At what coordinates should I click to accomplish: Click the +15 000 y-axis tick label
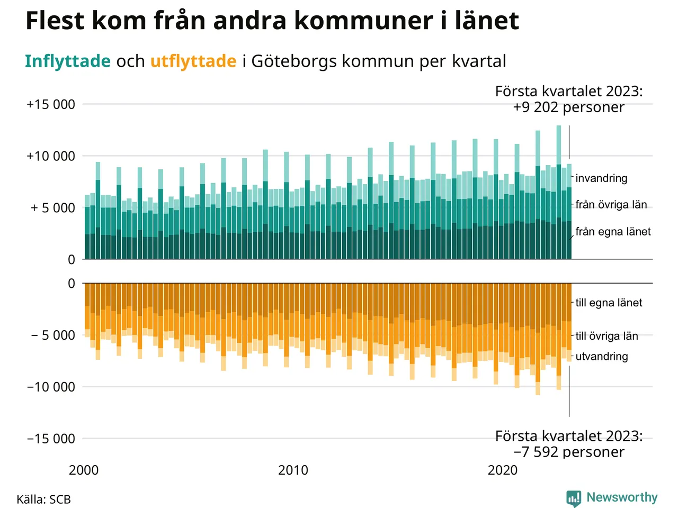click(51, 104)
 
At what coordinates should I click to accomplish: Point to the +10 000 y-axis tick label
click(51, 156)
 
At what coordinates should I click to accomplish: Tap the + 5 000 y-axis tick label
click(52, 208)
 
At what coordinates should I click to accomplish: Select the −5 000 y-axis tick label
click(52, 335)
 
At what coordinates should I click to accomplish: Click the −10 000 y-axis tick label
click(51, 387)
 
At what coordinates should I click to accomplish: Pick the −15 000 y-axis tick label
click(51, 439)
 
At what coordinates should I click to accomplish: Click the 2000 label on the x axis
click(84, 470)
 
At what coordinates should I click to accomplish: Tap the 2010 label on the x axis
click(293, 470)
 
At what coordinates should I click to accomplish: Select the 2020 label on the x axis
click(502, 470)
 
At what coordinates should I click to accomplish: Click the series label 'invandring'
click(601, 178)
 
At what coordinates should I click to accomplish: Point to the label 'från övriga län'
click(611, 205)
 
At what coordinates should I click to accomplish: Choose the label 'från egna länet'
click(613, 231)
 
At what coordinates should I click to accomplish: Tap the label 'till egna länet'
click(609, 303)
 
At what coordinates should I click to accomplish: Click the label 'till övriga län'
click(606, 336)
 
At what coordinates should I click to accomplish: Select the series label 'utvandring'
click(602, 356)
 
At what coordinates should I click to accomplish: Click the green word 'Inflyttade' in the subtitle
click(68, 61)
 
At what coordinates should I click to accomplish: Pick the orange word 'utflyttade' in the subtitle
click(193, 61)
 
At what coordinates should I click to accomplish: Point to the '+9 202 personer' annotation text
click(568, 107)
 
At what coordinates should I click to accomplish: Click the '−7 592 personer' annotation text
click(568, 452)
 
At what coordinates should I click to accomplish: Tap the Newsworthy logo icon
click(573, 498)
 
